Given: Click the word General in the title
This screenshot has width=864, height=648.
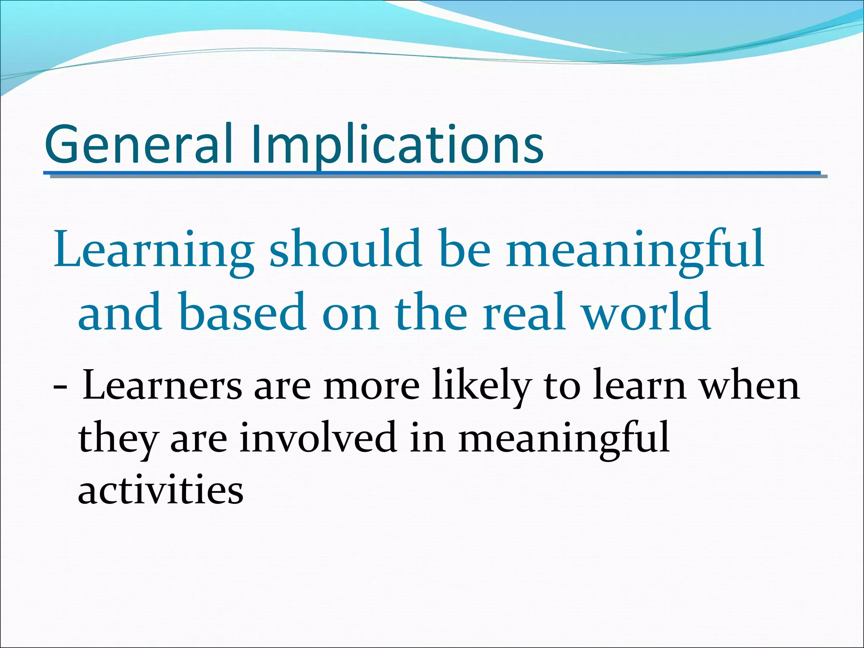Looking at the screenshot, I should click(138, 144).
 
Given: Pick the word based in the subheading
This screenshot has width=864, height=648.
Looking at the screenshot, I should click(243, 312).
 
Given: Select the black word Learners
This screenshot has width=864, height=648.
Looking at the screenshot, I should click(162, 386).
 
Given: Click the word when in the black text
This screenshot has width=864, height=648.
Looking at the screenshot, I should click(750, 386).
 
